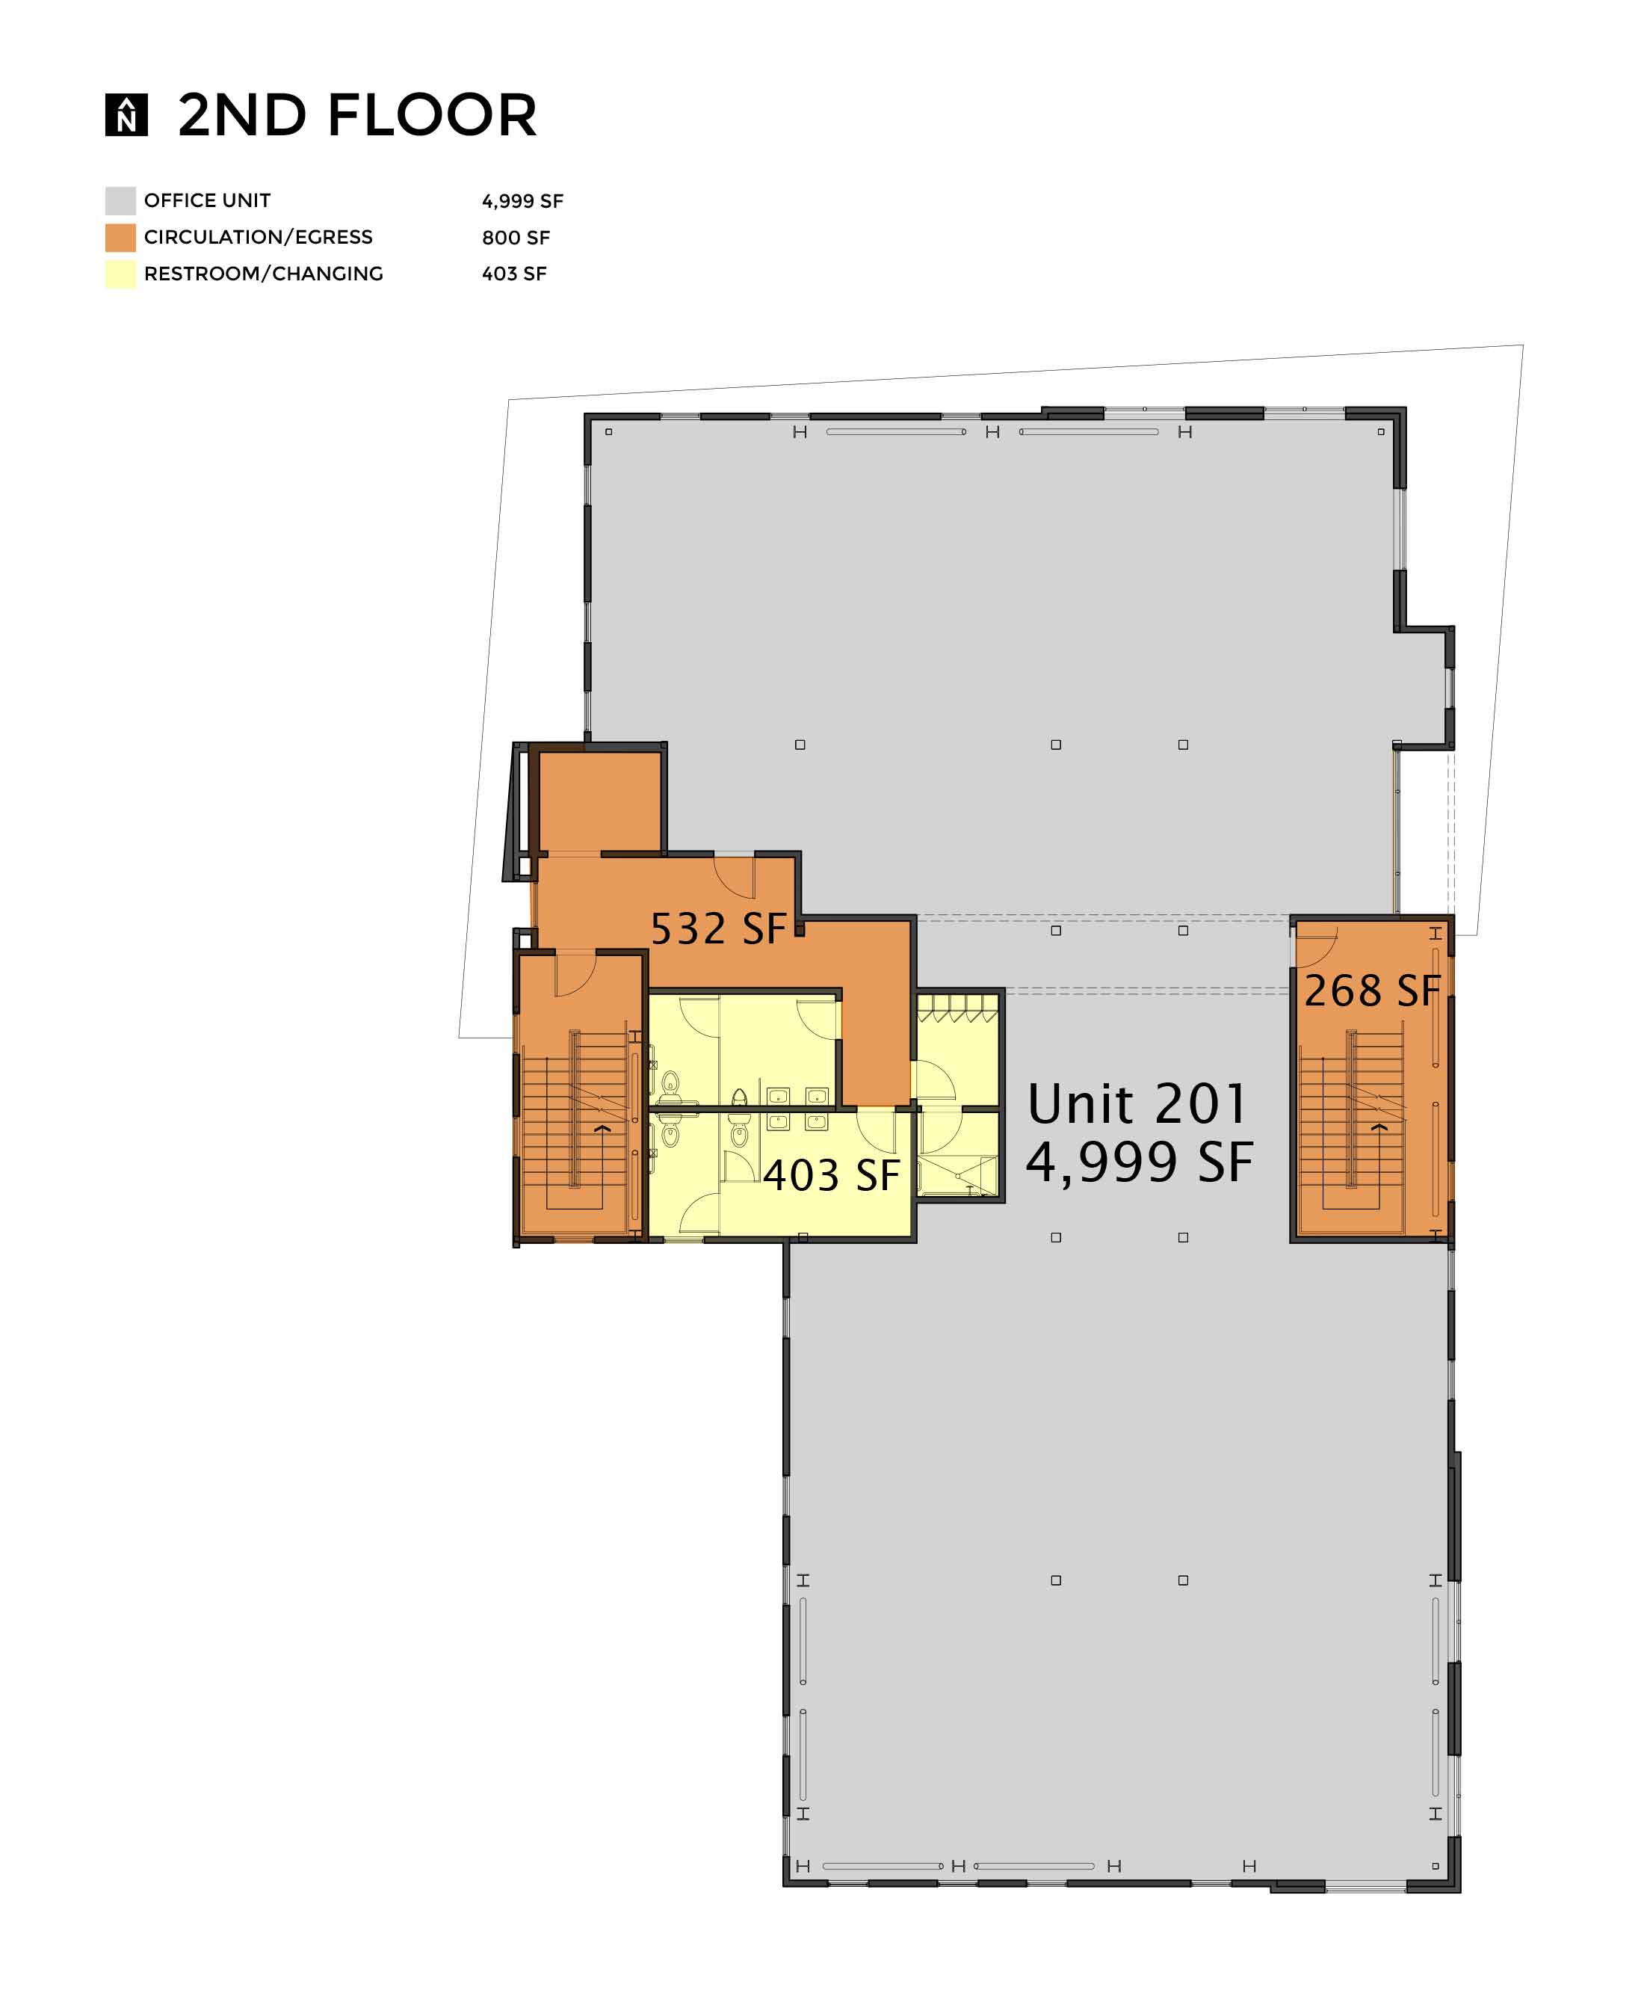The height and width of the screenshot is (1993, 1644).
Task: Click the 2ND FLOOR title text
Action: coord(357,116)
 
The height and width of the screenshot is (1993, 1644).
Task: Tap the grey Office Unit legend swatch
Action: coord(120,201)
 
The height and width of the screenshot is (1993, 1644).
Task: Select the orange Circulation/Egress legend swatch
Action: coord(120,238)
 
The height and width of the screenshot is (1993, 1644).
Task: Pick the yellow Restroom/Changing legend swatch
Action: coord(120,274)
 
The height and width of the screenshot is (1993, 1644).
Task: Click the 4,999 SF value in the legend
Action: coord(523,201)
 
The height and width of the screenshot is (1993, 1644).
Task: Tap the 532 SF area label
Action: coord(718,928)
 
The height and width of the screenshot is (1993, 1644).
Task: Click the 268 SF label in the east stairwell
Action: coord(1372,990)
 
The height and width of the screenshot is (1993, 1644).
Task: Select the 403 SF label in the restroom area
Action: coord(830,1174)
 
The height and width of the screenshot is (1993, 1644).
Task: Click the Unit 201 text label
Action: coord(1137,1103)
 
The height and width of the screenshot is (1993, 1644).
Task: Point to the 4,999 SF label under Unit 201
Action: coord(1140,1162)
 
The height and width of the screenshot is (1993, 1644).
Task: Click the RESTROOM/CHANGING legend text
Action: coord(263,274)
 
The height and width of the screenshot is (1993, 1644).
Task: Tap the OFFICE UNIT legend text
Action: coord(208,201)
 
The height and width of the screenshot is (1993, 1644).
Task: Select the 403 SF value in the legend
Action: coord(514,274)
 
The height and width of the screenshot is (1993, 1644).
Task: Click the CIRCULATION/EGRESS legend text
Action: coord(259,238)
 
